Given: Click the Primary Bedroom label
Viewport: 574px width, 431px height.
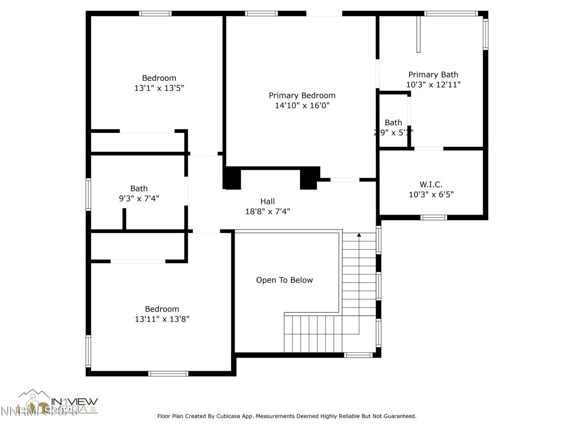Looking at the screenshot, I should click(302, 96).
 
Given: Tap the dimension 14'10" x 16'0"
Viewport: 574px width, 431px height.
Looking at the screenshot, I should click(302, 106).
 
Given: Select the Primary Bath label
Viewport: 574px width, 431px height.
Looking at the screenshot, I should click(433, 75).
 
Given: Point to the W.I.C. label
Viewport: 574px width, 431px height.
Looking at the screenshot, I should click(431, 185).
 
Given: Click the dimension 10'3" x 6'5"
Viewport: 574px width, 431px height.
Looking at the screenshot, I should click(431, 194).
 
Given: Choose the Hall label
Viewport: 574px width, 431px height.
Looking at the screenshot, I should click(267, 202).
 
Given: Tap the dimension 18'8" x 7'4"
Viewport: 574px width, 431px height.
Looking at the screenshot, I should click(267, 211).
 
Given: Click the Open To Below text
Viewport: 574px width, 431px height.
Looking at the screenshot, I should click(284, 280).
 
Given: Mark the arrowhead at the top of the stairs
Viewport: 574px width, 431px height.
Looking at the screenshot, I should click(359, 235).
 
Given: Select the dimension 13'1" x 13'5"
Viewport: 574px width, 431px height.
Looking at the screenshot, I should click(159, 88).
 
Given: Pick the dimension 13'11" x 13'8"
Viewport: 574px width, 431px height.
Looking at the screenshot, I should click(162, 319).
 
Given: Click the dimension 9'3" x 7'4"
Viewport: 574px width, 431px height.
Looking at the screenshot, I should click(139, 198).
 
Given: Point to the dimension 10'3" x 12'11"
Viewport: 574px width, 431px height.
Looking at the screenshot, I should click(433, 84).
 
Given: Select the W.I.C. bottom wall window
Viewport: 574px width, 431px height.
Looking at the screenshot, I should click(434, 218).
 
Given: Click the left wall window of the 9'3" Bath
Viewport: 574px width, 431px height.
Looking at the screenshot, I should click(88, 194).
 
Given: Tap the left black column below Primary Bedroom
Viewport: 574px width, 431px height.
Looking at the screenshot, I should click(232, 178).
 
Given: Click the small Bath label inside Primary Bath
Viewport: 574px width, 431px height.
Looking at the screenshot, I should click(393, 123).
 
